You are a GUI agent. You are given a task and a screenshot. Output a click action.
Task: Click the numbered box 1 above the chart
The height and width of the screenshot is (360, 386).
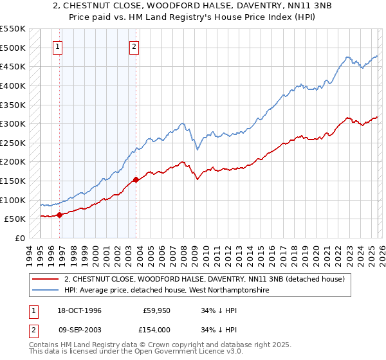pyautogui.click(x=58, y=46)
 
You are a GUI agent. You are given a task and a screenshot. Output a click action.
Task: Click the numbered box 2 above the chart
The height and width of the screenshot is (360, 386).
pyautogui.click(x=134, y=46)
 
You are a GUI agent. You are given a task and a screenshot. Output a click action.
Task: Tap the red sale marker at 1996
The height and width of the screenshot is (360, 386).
pyautogui.click(x=60, y=215)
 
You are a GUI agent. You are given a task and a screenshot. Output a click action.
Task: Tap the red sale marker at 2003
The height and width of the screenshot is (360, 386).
pyautogui.click(x=136, y=179)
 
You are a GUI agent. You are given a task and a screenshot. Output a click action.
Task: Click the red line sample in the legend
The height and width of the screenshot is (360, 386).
pyautogui.click(x=46, y=279)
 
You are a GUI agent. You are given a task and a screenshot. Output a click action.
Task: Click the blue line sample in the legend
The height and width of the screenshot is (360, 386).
pyautogui.click(x=46, y=291)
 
